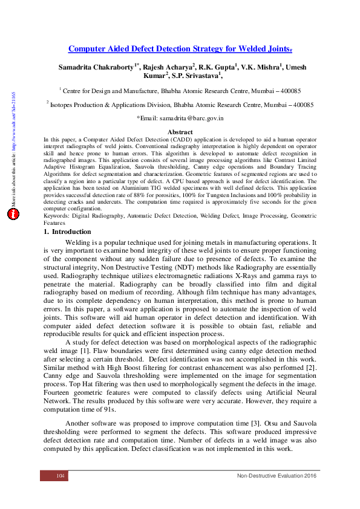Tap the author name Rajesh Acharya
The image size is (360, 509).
[167, 66]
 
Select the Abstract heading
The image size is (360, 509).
[180, 132]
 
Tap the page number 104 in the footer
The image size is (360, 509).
[61, 477]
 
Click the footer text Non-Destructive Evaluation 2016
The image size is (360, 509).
[277, 477]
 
